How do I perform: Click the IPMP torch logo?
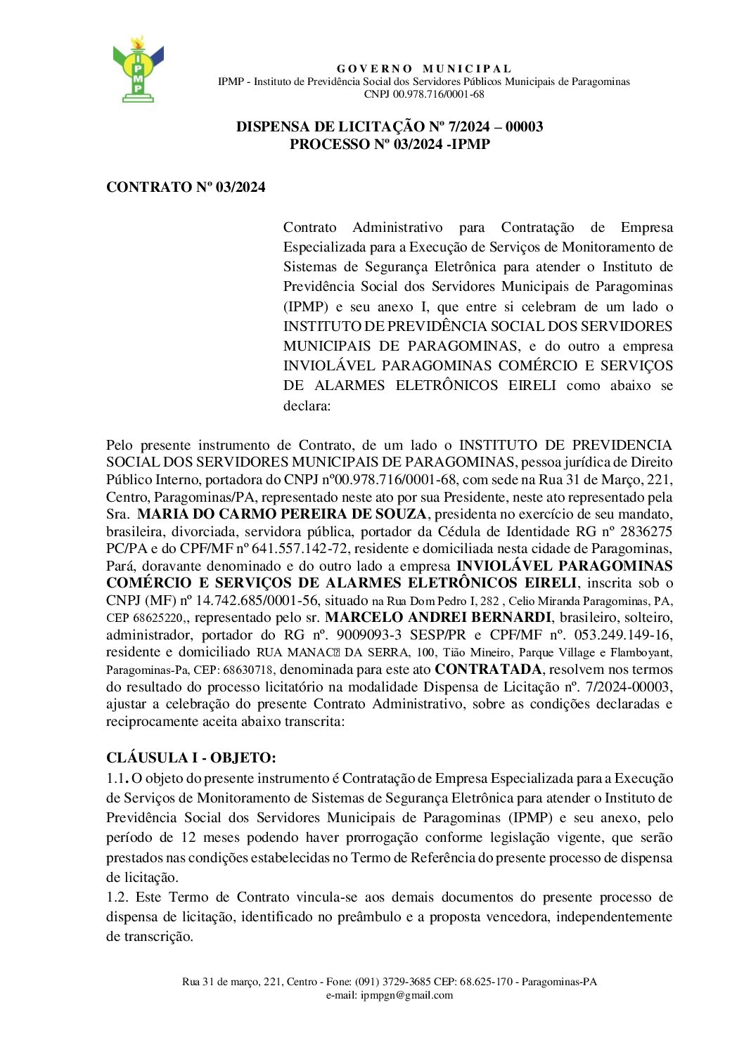138,69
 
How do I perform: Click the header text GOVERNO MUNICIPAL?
424,69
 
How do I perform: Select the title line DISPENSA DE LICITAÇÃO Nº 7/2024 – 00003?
390,127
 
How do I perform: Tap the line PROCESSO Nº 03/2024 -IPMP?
390,145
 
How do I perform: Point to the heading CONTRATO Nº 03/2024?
186,188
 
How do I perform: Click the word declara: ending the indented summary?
307,406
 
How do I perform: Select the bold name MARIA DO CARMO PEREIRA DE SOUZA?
282,514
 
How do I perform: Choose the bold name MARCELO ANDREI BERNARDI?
438,618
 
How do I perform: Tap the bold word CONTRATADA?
489,670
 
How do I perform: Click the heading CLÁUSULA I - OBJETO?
191,758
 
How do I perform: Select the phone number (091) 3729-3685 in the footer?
392,982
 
